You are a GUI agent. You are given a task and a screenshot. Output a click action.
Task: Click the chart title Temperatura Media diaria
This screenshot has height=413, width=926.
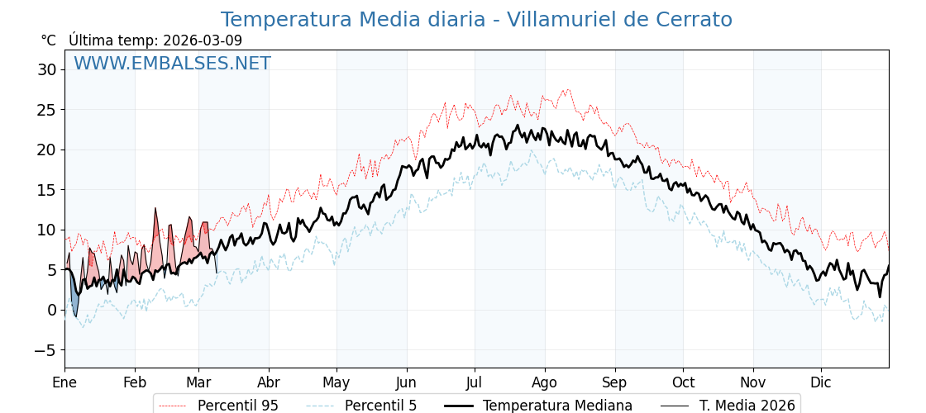476,20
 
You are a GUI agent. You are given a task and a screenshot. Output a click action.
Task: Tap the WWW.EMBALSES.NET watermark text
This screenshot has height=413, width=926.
172,64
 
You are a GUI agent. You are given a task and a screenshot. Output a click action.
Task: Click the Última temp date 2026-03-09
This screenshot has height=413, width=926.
203,40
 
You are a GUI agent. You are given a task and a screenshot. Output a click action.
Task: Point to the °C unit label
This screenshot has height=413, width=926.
48,40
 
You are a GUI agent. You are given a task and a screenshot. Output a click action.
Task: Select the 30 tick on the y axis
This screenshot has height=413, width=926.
47,69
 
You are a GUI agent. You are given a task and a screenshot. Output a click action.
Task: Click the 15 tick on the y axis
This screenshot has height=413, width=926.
47,189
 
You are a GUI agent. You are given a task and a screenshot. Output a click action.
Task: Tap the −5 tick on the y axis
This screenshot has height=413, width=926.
44,349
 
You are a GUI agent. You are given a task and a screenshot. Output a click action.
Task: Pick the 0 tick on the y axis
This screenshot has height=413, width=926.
52,310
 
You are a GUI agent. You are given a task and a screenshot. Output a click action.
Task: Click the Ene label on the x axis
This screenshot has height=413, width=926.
64,382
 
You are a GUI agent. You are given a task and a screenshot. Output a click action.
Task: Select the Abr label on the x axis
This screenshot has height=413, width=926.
269,382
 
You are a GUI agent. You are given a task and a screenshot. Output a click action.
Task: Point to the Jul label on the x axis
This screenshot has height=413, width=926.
475,382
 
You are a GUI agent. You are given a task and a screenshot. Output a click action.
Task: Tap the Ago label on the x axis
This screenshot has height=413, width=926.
545,382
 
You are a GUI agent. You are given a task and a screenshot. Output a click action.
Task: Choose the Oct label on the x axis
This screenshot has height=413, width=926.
683,382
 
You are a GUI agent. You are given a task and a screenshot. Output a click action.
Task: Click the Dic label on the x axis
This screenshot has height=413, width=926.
821,382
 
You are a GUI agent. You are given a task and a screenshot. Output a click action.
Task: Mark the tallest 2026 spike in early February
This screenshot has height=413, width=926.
155,211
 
